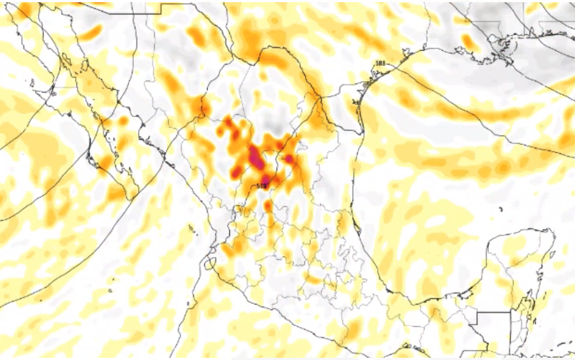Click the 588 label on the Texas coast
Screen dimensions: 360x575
380,64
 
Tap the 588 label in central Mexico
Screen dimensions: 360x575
262,186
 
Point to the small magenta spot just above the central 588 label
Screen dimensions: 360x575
265,178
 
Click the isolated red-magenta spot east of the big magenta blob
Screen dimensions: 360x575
289,159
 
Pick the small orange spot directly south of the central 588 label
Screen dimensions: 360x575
267,206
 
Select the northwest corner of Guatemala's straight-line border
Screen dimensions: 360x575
477,313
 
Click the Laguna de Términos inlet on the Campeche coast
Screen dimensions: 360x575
460,294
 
